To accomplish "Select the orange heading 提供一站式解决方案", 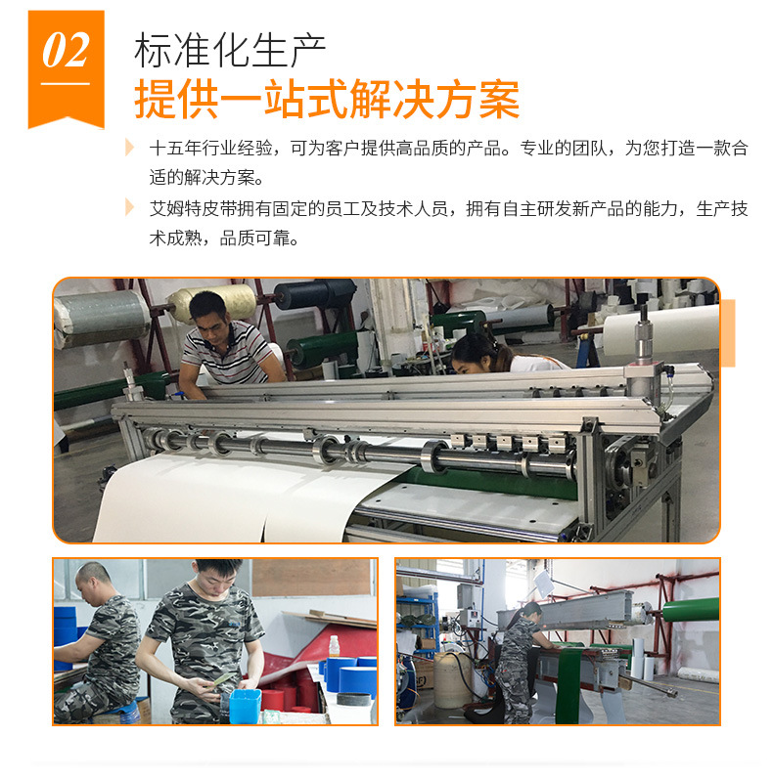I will click(326, 99).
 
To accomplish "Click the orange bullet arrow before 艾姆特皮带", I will click(130, 207).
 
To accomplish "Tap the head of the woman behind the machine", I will click(473, 345).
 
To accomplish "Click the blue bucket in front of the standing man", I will click(244, 709).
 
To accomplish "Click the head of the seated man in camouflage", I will click(96, 578).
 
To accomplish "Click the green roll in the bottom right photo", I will click(690, 612).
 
